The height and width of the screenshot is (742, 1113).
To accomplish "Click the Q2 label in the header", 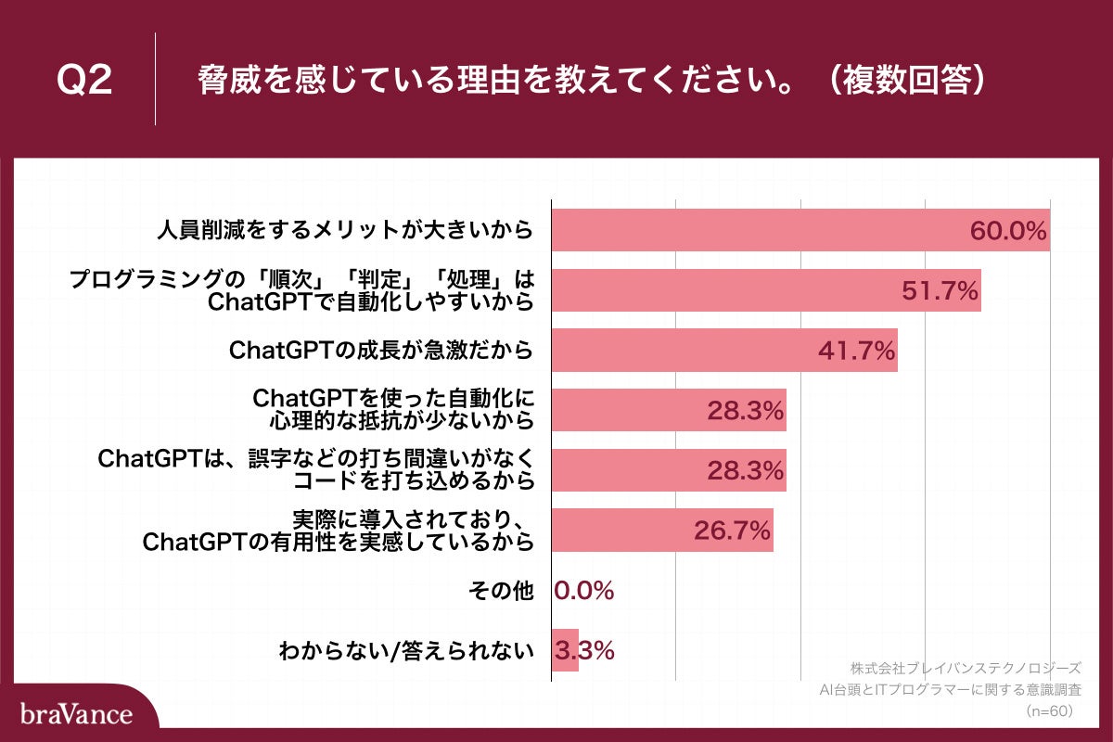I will point(84,81).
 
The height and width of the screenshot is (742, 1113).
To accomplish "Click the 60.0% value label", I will point(1008,231).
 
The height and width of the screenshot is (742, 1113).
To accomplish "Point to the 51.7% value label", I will point(940,290).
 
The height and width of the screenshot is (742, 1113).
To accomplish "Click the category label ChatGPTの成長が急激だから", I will point(381,351).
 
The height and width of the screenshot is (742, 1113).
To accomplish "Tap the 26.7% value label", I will point(733,531).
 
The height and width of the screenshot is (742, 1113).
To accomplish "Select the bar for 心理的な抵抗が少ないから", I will point(669,410).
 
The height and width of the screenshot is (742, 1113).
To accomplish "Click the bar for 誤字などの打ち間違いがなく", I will point(669,470).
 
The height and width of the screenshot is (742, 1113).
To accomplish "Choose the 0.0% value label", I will point(584,591).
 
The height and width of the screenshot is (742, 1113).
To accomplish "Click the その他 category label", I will point(511,591).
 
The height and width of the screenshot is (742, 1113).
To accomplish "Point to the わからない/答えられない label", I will point(407,651).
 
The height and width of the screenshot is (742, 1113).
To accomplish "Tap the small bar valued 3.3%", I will point(565,651).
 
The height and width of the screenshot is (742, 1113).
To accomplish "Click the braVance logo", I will point(76,714).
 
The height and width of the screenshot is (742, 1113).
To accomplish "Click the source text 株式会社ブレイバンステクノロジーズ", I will point(966,668).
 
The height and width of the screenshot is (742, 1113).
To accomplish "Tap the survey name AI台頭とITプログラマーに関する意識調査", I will point(951,690).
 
